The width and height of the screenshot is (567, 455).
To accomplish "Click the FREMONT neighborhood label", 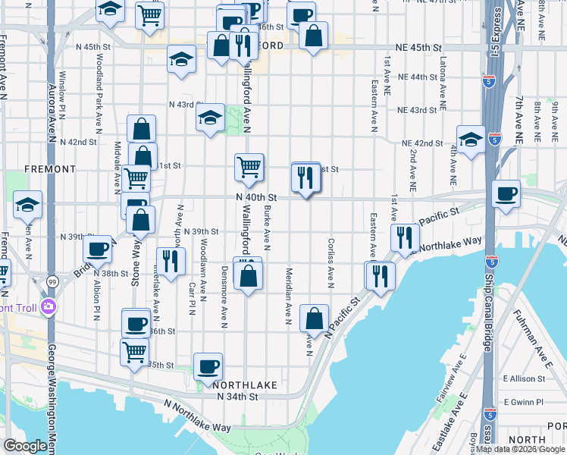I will coord(50,168).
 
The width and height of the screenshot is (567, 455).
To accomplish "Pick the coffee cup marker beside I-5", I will coord(506,193).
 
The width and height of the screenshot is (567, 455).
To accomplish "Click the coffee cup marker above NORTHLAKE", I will coord(208,366).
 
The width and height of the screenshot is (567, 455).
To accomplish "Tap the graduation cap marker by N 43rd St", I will coord(210,118).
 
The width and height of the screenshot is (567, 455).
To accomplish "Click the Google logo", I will coord(26,446).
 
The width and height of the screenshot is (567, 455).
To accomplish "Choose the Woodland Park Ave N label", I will coord(99,103).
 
